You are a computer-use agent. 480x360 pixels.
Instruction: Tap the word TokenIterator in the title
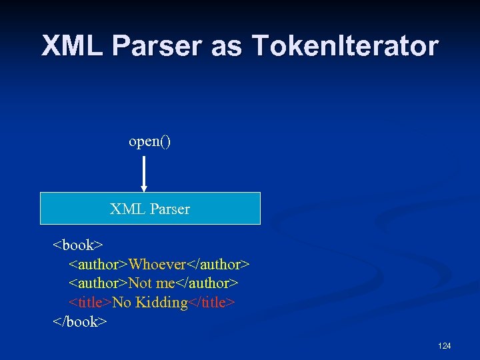pos(345,46)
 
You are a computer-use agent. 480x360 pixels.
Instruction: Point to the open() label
pos(150,142)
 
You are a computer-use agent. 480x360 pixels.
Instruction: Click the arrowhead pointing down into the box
pos(144,189)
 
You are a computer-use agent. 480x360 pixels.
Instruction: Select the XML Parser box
pos(150,209)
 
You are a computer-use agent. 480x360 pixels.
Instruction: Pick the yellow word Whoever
pos(157,265)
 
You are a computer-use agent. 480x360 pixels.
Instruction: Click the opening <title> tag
pos(91,303)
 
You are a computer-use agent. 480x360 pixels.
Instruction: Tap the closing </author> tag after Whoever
pos(218,265)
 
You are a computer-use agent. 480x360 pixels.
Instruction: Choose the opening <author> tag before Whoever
pos(99,265)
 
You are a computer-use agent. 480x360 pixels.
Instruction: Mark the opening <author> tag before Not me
pos(99,283)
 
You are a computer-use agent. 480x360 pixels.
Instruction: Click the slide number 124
pos(445,346)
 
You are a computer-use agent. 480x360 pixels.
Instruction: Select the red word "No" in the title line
pos(121,303)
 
